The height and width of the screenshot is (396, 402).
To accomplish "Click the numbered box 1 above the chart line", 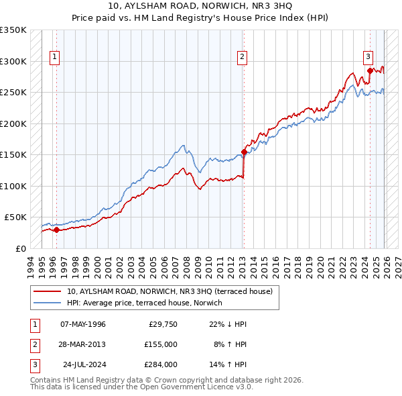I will click(x=54, y=57).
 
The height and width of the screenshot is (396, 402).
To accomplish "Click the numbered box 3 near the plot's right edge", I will click(x=368, y=57).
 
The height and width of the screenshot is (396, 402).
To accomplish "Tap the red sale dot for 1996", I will click(x=56, y=230).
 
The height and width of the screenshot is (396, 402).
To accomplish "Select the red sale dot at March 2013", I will click(x=244, y=152).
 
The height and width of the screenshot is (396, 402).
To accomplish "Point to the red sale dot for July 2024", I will click(x=370, y=70).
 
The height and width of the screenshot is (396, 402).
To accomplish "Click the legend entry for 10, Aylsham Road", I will click(x=170, y=292).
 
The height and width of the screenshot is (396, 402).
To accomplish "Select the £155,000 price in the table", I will click(x=161, y=344).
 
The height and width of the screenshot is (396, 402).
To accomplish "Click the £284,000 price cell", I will click(x=161, y=364).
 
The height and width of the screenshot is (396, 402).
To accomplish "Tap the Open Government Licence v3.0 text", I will click(x=194, y=387).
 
